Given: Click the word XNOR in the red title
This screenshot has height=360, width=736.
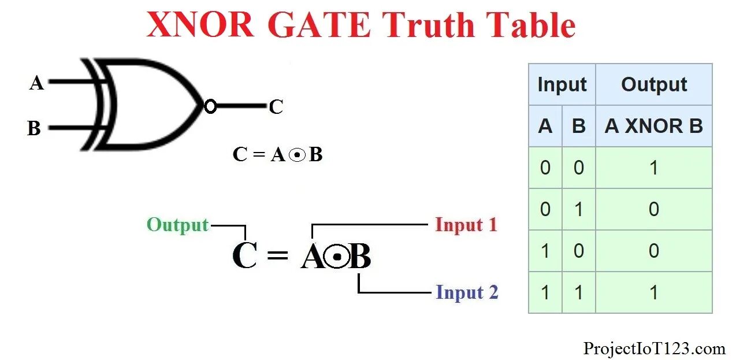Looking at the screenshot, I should point(200,25).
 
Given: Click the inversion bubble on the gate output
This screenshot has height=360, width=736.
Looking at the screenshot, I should point(210,106).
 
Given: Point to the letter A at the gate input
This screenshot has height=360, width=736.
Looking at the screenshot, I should point(36,84).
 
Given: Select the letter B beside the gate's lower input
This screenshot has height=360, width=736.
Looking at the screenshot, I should point(34,128).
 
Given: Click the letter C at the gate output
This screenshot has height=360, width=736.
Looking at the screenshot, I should point(276,107).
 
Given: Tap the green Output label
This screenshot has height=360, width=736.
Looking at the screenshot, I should point(177,225).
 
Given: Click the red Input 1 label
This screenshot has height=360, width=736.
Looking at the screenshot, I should point(466,225).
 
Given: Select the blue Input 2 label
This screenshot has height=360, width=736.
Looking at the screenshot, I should point(467,292).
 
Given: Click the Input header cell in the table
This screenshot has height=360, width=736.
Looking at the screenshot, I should point(562,85).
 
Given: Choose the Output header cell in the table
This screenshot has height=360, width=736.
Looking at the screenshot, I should point(653,85).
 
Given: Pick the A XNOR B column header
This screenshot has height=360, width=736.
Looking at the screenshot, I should point(653,126).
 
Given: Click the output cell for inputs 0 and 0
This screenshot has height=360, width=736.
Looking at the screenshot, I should point(653,168).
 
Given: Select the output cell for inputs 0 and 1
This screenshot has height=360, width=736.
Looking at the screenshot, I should point(653,209).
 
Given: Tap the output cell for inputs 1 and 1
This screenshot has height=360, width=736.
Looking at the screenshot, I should point(653,292).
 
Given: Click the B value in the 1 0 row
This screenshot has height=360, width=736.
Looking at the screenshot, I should point(578,251).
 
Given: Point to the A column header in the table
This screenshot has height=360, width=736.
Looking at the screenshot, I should point(545,126).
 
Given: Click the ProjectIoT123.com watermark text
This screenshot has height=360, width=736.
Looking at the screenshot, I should point(654,348).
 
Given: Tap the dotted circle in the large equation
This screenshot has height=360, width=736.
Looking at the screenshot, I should point(337,257).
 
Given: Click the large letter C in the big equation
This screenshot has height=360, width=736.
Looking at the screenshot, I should point(244,256).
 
